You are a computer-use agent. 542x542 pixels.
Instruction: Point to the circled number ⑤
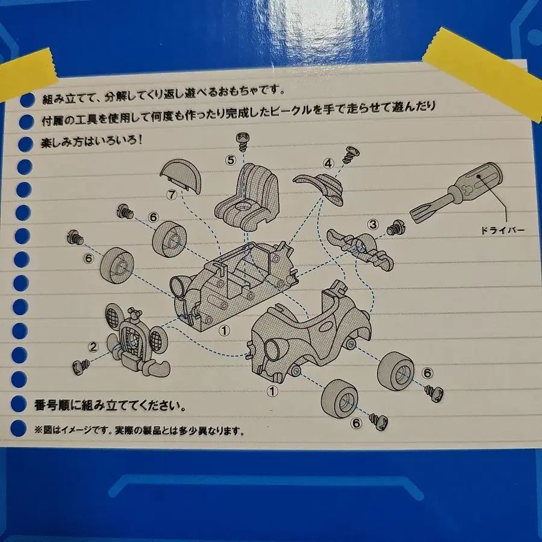pos(230,160)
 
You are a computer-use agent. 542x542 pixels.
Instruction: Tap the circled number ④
pos(328,163)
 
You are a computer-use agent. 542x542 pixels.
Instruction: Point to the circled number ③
pos(373,225)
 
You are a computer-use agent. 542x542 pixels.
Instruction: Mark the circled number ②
pos(93,346)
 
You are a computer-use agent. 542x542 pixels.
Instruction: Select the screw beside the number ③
pos(394,228)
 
